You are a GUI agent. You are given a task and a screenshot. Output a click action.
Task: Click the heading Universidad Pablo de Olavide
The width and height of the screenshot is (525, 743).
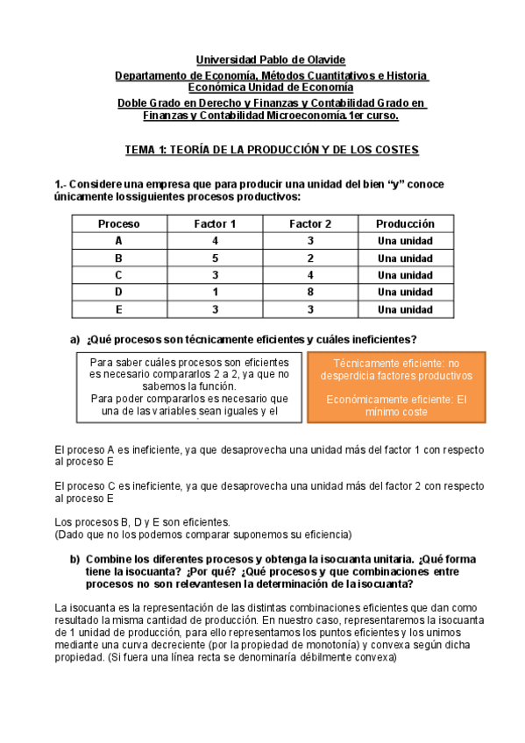point(271,60)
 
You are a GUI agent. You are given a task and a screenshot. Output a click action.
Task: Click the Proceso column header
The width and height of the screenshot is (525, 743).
point(118,223)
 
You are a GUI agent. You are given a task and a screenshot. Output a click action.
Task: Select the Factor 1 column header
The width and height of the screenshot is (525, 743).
point(215,223)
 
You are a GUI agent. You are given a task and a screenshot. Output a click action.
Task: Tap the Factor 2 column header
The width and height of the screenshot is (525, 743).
point(310,223)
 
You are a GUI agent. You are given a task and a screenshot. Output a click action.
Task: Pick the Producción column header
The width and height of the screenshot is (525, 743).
point(405,223)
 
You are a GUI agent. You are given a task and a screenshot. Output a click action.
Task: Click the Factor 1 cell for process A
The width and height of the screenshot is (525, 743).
point(215,241)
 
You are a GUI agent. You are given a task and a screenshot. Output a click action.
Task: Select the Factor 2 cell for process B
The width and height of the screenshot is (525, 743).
point(310,258)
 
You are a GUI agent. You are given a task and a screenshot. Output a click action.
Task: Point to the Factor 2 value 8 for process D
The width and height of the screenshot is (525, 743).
point(310,292)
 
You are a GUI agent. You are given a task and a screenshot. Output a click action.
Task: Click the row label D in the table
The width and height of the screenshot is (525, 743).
point(118,292)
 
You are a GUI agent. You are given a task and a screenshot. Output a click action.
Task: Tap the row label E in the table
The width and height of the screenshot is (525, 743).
point(118,309)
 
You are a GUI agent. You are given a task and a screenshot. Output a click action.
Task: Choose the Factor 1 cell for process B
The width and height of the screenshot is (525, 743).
point(215,258)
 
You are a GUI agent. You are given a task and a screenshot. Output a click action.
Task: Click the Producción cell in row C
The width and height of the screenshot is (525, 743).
point(405,275)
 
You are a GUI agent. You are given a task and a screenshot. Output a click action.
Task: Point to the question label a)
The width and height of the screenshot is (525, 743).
point(74,339)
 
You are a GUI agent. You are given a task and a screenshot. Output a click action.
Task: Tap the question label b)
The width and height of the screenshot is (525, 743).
point(75,560)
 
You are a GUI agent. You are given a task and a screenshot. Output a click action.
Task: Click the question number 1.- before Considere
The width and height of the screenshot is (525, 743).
point(60,184)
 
